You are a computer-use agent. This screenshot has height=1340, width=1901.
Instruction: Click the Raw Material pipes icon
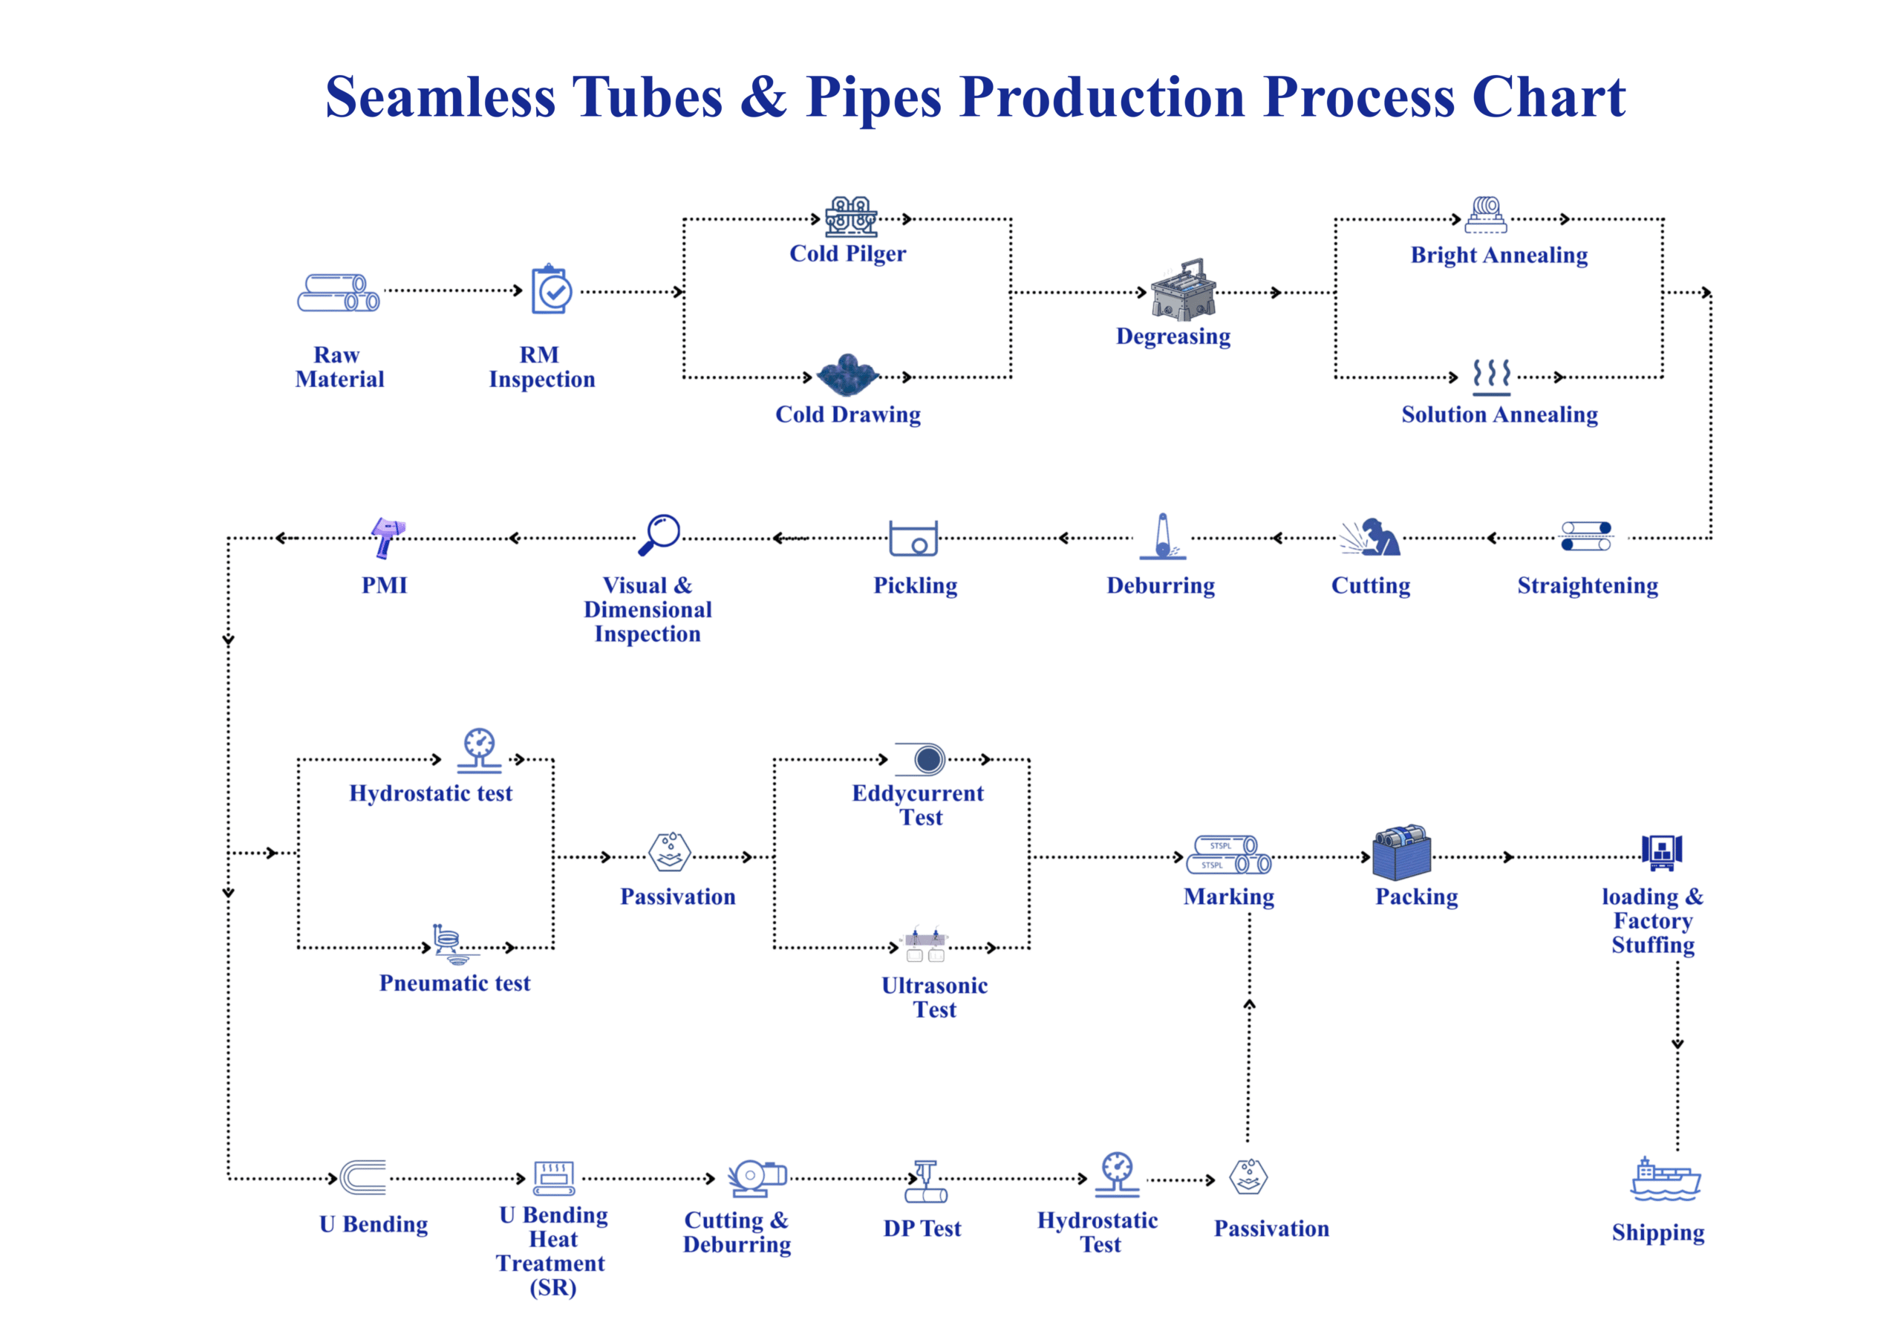[338, 293]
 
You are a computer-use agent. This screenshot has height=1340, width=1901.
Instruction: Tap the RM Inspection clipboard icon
[552, 290]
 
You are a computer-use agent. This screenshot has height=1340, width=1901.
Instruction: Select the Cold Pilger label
[847, 253]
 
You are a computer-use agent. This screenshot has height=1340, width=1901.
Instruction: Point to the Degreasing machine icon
[1182, 290]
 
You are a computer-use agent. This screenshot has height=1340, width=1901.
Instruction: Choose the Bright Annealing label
[1499, 255]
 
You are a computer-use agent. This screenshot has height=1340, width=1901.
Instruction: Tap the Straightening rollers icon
[1585, 536]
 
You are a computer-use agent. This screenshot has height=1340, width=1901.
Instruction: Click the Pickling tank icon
[913, 539]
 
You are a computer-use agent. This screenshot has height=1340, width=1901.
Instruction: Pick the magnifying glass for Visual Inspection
[660, 534]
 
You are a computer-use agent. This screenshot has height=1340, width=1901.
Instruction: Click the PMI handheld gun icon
[387, 536]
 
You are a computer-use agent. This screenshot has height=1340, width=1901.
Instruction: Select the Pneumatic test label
[454, 983]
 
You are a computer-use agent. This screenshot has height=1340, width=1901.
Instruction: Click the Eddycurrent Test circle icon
[927, 758]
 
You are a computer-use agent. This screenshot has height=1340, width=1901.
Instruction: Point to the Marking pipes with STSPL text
[1229, 855]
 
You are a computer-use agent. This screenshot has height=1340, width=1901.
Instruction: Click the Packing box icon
[1401, 852]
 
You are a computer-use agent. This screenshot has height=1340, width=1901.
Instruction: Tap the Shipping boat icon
[1665, 1180]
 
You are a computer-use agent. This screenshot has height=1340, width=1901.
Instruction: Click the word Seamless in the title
[440, 98]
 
